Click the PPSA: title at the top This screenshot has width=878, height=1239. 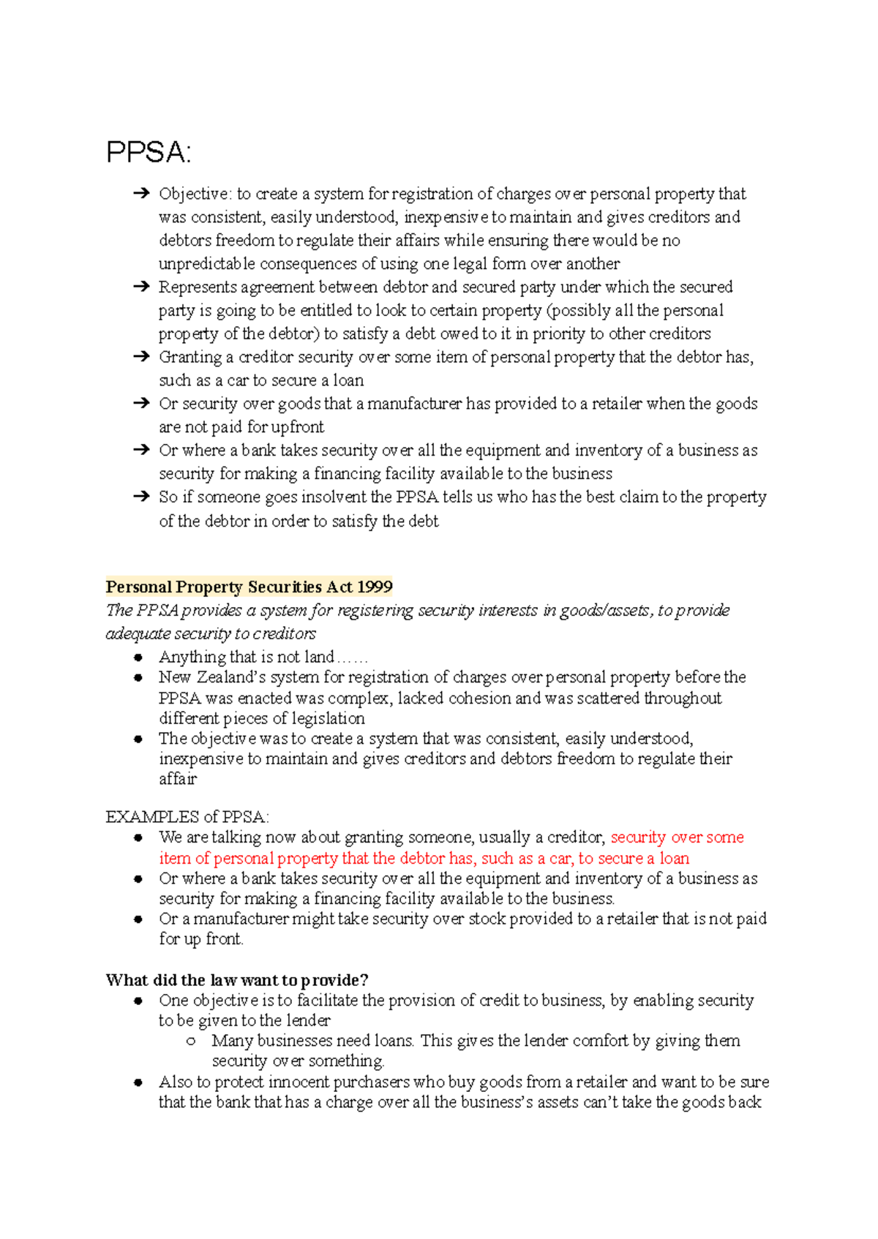coord(149,153)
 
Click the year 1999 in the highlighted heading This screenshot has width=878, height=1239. coord(375,587)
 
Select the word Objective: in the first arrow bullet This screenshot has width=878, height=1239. coord(195,194)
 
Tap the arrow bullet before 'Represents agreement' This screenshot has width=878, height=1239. coord(141,287)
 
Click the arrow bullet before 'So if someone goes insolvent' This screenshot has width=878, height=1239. coord(141,497)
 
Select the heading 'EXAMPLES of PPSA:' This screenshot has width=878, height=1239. coord(187,816)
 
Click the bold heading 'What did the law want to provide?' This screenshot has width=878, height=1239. coord(237,980)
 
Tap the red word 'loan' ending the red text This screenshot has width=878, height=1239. coord(674,858)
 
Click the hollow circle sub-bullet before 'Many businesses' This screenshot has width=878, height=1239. coord(191,1041)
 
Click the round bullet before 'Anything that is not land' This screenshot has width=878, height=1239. coord(138,657)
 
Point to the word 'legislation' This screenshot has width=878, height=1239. coord(328,718)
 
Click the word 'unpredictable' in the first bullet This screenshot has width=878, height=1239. coord(207,264)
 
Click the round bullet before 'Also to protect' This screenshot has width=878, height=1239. coord(138,1082)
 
